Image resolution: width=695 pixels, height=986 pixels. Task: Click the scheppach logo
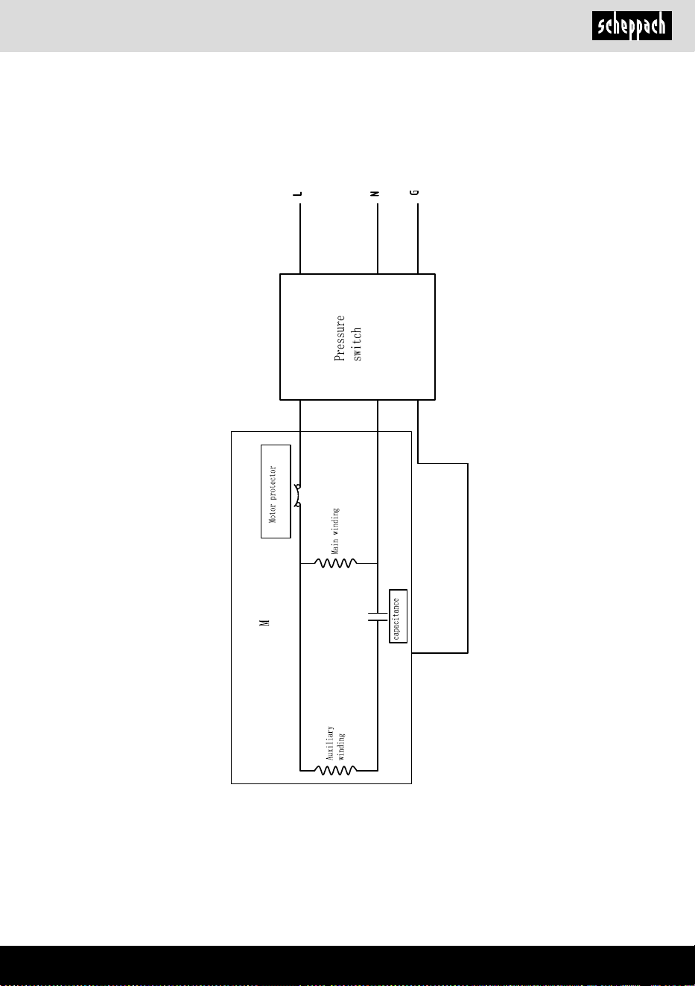(632, 25)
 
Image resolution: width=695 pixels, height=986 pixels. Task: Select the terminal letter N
(375, 194)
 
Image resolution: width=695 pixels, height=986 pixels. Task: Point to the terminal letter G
(414, 193)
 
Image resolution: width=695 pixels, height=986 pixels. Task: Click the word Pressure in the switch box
(340, 338)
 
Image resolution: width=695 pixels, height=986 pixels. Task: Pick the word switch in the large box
(358, 344)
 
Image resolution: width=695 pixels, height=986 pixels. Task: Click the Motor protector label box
(276, 492)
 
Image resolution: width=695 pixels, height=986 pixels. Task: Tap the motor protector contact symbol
(298, 496)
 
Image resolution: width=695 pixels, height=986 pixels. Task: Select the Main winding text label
(335, 531)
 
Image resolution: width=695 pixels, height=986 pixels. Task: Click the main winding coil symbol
(336, 563)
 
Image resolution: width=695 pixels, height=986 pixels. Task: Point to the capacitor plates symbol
(378, 617)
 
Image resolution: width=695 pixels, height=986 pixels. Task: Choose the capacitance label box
(398, 617)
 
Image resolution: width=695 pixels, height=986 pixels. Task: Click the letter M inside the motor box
(264, 623)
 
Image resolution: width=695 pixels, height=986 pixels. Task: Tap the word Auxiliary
(330, 743)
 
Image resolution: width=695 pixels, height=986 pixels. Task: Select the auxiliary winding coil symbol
(336, 770)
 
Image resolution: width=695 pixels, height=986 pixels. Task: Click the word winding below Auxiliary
(341, 746)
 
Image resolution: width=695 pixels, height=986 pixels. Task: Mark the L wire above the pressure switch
(300, 238)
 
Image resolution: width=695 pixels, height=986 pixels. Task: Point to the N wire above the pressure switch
(378, 238)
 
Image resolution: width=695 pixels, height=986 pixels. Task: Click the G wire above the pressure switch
(418, 238)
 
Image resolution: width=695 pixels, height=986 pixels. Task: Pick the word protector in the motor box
(273, 483)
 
